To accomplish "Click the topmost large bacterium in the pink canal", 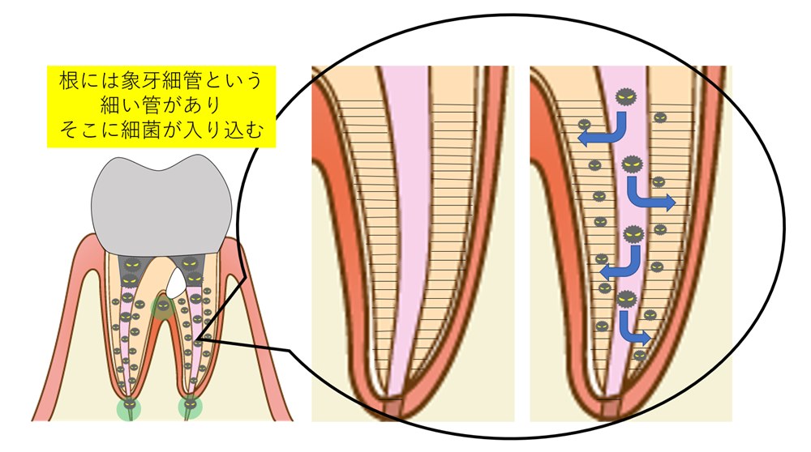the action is (x=626, y=96).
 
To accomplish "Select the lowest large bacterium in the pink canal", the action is (x=627, y=299).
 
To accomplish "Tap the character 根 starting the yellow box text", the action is (x=69, y=80).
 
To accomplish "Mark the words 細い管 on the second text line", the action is (x=131, y=104).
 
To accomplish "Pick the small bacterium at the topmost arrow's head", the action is (x=584, y=125).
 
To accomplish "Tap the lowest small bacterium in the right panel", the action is (x=641, y=356).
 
